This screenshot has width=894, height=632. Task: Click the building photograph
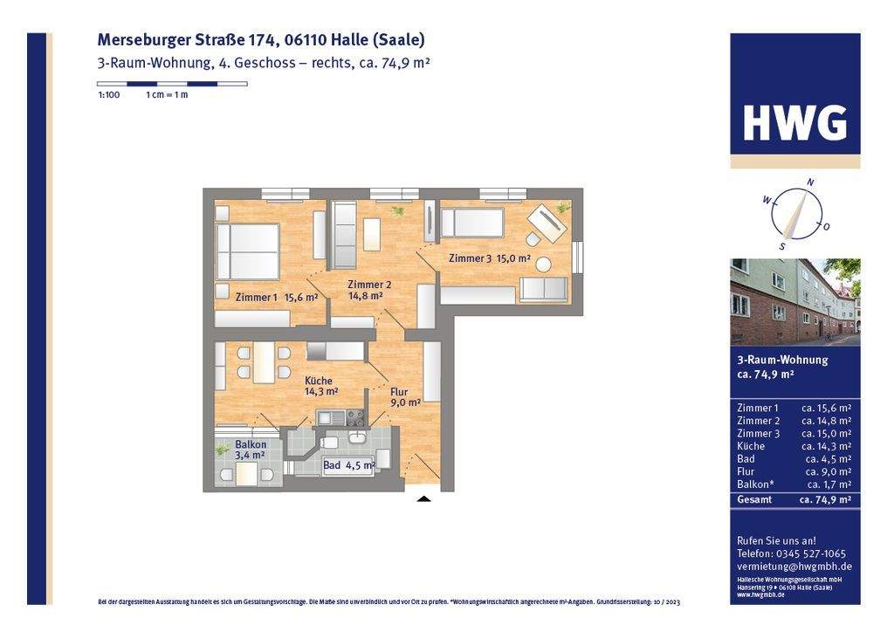pyautogui.click(x=794, y=302)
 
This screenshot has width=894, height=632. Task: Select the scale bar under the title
pyautogui.click(x=172, y=84)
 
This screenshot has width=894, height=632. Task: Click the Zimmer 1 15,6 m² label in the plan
pyautogui.click(x=276, y=298)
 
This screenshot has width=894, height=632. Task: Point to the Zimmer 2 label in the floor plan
pyautogui.click(x=369, y=290)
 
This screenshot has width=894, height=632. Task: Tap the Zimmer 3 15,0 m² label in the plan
pyautogui.click(x=489, y=258)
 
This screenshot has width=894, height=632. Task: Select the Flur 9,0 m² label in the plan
pyautogui.click(x=404, y=397)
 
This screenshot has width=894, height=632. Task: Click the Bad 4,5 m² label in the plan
pyautogui.click(x=348, y=465)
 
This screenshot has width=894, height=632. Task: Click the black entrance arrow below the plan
pyautogui.click(x=423, y=499)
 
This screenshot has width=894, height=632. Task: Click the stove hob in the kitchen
pyautogui.click(x=354, y=418)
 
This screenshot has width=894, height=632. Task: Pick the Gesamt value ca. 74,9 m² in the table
pyautogui.click(x=825, y=500)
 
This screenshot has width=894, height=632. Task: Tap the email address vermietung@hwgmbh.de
pyautogui.click(x=794, y=567)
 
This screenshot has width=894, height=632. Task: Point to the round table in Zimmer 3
pyautogui.click(x=543, y=264)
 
